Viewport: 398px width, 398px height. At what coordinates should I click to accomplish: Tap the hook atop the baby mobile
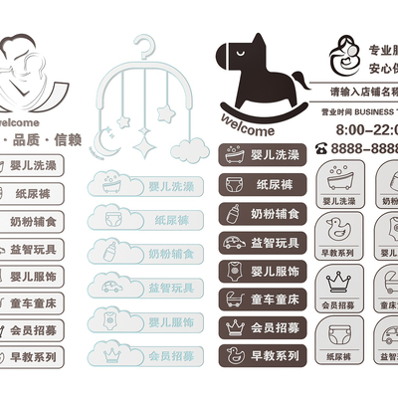click(147, 46)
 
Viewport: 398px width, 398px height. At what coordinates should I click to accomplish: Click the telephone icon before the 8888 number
click(322, 147)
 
